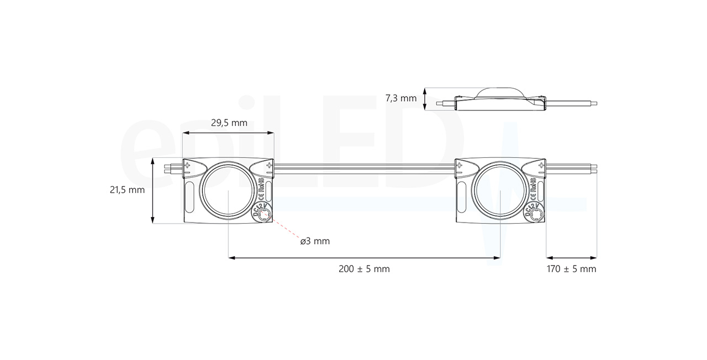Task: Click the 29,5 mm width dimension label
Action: coord(229,123)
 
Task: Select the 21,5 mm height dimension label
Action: coord(127,190)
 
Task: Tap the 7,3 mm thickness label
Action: coord(400,98)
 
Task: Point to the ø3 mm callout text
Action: coord(315,241)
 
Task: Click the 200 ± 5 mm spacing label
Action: coord(364,269)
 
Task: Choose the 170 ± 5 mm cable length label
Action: coord(571,269)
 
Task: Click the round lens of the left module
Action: coord(229,190)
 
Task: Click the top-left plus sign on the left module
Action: coord(187,165)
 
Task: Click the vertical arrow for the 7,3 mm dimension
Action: coord(424,98)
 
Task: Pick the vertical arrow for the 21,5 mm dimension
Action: coord(153,190)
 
